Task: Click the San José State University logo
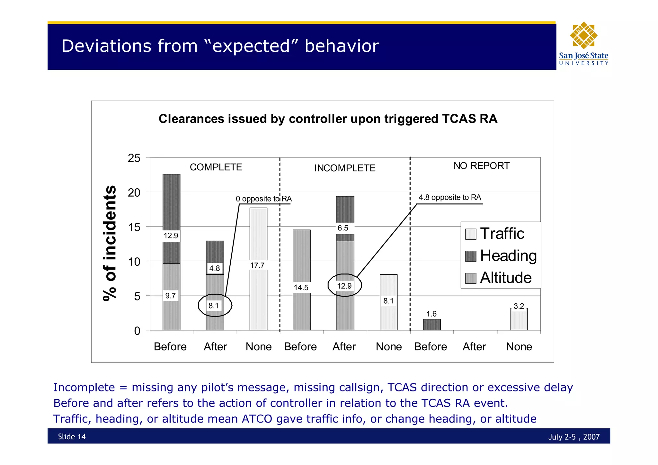coord(583,44)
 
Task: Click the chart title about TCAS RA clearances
coord(328,119)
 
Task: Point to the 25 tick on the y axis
coord(134,158)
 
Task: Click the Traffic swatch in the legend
coord(471,234)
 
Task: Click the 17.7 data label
coord(257,265)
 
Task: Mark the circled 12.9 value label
coord(344,286)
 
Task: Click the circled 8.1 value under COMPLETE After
coord(214,306)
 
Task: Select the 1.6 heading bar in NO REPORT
coord(431,325)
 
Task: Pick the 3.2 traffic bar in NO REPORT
coord(519,319)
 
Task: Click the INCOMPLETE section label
coord(345,168)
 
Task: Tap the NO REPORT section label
coord(481,166)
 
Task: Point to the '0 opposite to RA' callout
coord(263,199)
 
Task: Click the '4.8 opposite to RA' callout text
coord(450,197)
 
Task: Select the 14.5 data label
coord(301,287)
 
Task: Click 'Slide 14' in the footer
coord(72,436)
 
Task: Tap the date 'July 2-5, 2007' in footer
coord(574,437)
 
